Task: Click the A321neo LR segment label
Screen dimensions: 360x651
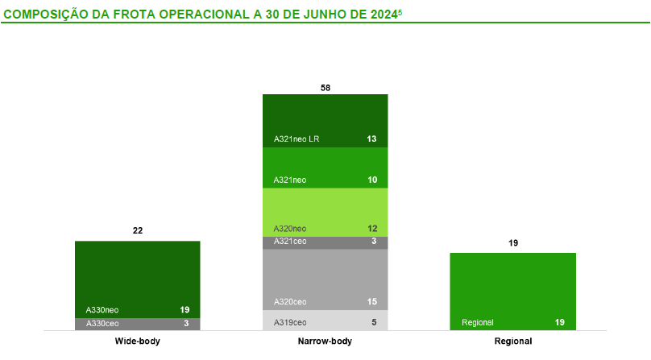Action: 297,139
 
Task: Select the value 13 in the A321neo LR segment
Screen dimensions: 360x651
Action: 371,139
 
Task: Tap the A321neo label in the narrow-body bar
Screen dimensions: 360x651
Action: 290,180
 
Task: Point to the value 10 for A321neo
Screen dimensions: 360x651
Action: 371,180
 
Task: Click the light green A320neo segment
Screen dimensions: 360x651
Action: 325,211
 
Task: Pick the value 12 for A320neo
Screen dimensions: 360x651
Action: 371,229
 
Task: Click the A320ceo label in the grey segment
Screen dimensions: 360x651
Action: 290,302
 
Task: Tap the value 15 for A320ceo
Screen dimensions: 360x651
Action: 371,302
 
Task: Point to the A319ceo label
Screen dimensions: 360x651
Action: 290,322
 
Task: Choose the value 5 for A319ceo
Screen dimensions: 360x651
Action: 374,322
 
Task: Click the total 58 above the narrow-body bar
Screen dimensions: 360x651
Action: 325,87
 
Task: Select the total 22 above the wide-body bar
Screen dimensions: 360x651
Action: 138,231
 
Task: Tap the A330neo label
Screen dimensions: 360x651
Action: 102,309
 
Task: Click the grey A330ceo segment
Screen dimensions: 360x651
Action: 137,324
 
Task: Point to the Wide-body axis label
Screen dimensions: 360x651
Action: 138,342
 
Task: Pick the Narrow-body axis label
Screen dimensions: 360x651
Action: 325,342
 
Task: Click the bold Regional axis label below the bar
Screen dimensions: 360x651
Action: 513,342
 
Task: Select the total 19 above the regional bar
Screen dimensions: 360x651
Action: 513,242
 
